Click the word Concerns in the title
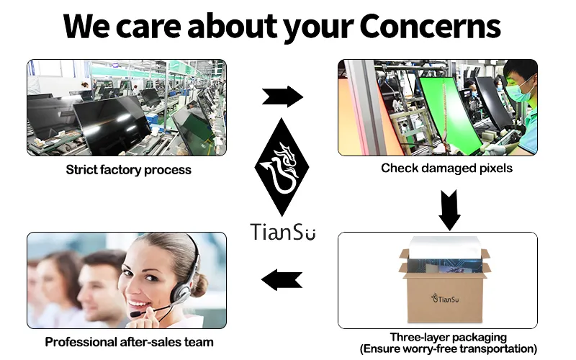coord(430,26)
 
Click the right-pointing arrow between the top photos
coord(282,96)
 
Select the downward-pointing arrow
coord(449,210)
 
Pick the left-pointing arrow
coord(282,279)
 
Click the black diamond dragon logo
coord(282,167)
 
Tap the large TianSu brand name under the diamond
coord(283,232)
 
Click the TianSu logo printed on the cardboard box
coord(445,298)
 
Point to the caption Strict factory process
coord(129,170)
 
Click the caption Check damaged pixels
coord(446,168)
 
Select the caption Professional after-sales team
coord(129,342)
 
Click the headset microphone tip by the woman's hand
coord(135,315)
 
